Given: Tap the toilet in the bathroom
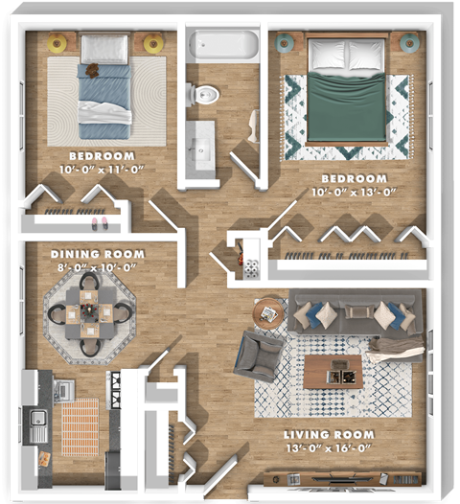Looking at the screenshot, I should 203,94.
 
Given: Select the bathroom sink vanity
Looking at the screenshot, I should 202,148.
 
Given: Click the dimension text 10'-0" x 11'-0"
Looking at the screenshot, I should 102,169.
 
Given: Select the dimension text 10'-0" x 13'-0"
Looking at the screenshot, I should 354,192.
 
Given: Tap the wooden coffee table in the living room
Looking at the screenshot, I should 333,370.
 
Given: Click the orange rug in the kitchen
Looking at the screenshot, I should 80,427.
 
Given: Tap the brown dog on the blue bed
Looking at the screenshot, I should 93,69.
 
